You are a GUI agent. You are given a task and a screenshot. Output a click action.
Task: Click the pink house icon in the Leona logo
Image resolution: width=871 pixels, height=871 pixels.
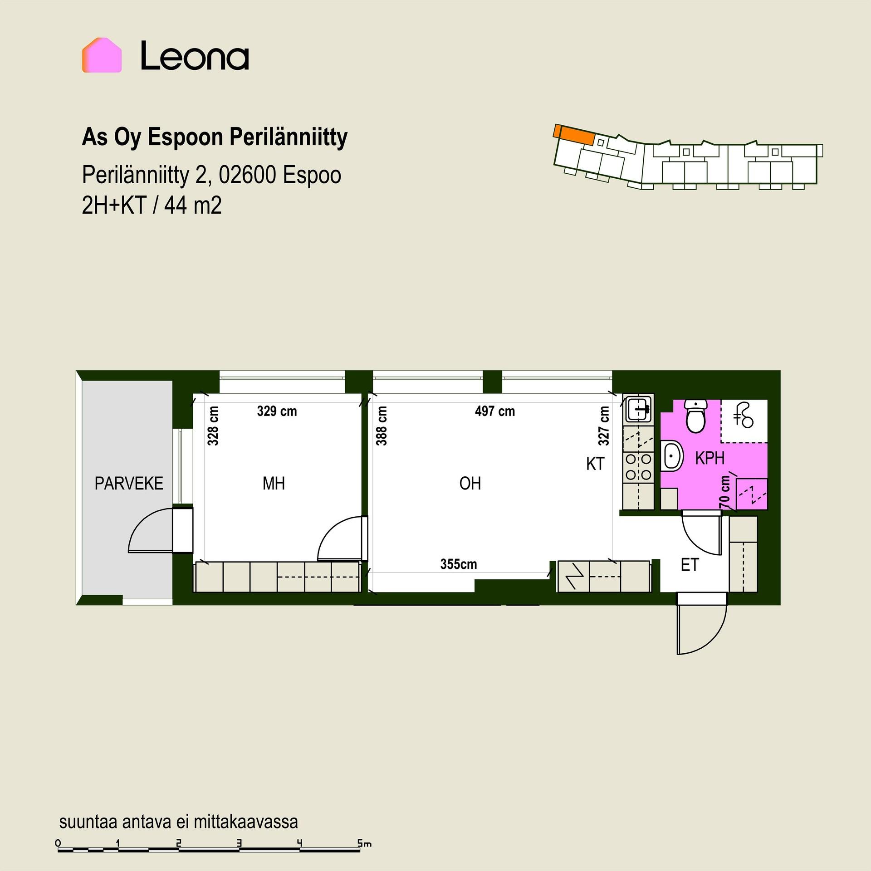pyautogui.click(x=102, y=55)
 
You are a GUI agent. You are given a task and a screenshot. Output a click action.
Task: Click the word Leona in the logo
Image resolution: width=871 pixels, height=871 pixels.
pyautogui.click(x=195, y=56)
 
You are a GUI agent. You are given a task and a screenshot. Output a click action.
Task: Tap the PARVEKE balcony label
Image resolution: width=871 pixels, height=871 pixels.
pyautogui.click(x=129, y=484)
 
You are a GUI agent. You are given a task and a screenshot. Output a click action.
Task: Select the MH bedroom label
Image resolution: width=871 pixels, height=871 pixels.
pyautogui.click(x=274, y=484)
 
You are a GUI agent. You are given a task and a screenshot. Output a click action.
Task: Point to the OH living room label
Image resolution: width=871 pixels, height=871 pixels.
pyautogui.click(x=470, y=484)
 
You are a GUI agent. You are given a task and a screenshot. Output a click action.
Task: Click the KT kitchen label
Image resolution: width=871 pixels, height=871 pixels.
pyautogui.click(x=595, y=464)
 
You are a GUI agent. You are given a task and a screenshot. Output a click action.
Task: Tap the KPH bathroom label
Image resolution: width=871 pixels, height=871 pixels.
pyautogui.click(x=710, y=458)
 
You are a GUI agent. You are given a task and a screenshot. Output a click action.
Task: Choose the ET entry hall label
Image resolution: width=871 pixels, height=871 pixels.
pyautogui.click(x=690, y=565)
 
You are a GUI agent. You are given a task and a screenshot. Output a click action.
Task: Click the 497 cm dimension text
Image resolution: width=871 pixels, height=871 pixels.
pyautogui.click(x=495, y=411)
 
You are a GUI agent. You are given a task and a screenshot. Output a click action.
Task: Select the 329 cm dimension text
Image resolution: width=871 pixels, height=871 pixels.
pyautogui.click(x=277, y=411)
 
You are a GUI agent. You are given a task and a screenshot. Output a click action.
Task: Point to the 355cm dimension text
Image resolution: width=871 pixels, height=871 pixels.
pyautogui.click(x=459, y=564)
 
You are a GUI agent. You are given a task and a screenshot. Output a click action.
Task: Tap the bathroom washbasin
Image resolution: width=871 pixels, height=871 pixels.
pyautogui.click(x=672, y=455)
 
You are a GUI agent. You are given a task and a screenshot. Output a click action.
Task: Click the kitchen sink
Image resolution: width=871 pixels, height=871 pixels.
pyautogui.click(x=639, y=408)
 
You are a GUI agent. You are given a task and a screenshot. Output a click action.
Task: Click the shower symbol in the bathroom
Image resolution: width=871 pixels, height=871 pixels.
pyautogui.click(x=743, y=416)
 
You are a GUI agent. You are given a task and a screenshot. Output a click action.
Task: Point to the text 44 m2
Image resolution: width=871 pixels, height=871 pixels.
pyautogui.click(x=193, y=206)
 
